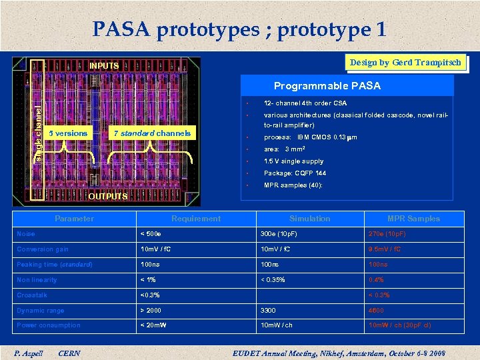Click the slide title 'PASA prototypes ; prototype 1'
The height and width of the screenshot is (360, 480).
tap(239, 29)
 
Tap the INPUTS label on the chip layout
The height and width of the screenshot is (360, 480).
tap(104, 66)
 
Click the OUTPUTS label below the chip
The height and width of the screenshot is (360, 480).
tap(108, 196)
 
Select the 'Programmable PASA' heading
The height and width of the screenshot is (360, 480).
tap(327, 86)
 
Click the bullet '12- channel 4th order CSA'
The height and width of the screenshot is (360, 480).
tap(305, 103)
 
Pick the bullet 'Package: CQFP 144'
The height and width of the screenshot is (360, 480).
tap(295, 173)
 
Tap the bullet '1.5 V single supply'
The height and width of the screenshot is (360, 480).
tap(293, 161)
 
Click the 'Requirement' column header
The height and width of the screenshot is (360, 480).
tap(196, 219)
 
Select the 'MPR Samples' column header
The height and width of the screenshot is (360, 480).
tap(413, 219)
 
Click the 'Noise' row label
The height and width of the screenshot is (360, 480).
tap(26, 234)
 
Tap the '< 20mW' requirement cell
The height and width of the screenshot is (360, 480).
tap(154, 325)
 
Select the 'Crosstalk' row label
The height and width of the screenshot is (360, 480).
tap(32, 295)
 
